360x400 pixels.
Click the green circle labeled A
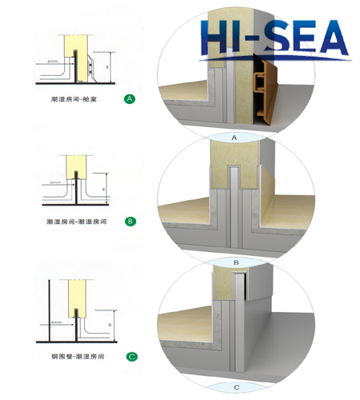(130, 99)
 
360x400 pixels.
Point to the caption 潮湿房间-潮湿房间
(74, 221)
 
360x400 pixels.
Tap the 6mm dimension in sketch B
(54, 183)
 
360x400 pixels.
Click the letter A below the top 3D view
(234, 138)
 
